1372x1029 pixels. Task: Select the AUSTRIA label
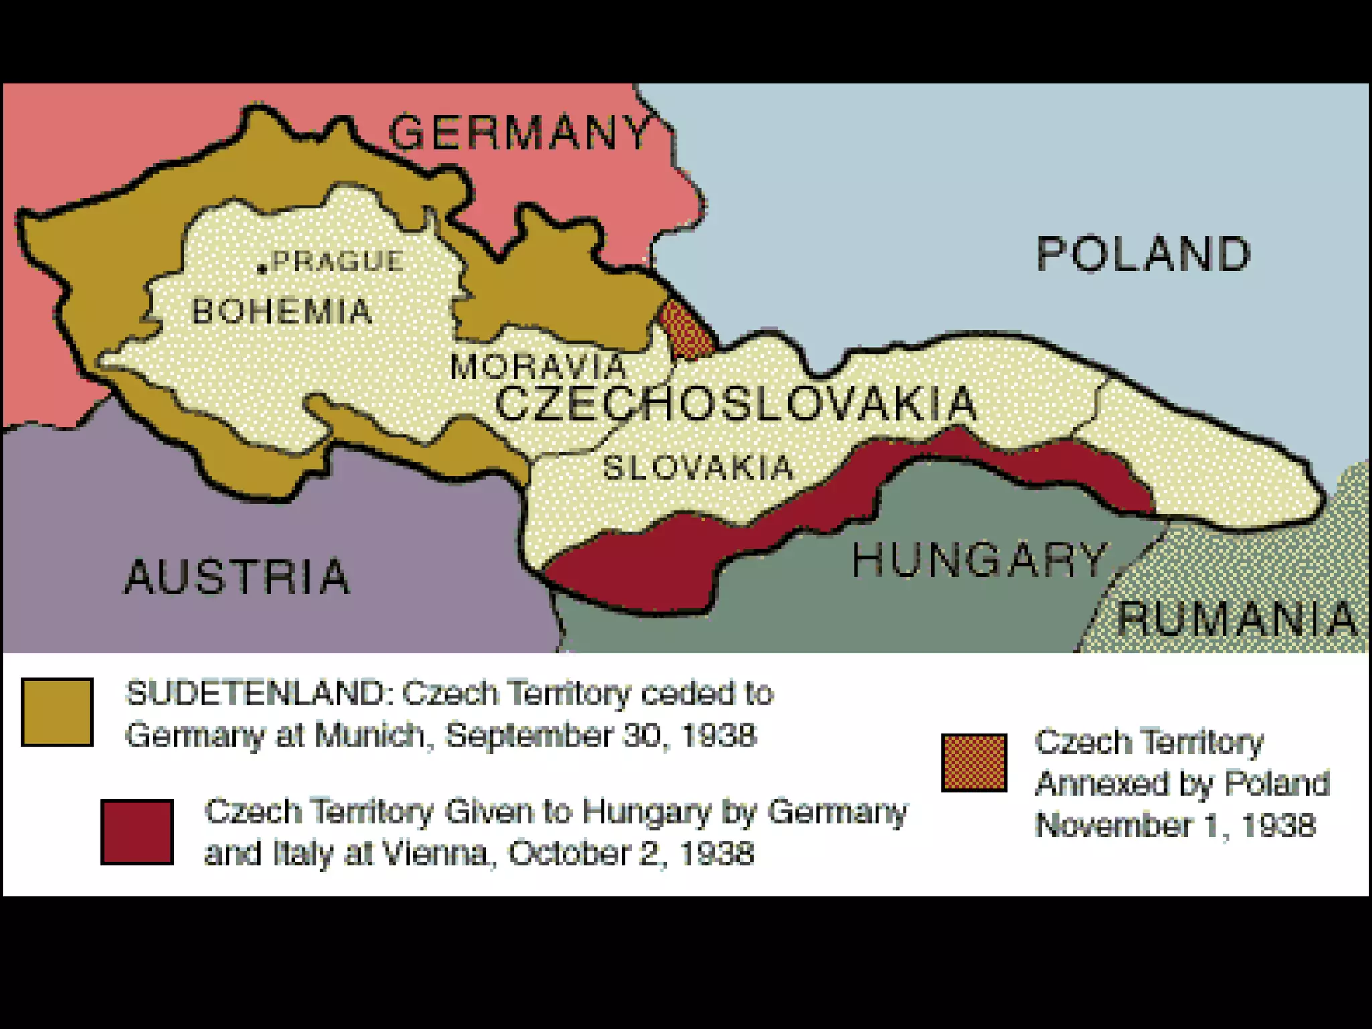(x=237, y=577)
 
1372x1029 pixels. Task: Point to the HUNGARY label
(x=979, y=559)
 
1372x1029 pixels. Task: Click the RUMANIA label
(x=1236, y=618)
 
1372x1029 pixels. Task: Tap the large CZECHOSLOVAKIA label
(x=736, y=403)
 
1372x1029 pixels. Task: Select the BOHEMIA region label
(x=282, y=312)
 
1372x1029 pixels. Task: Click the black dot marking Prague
(x=263, y=269)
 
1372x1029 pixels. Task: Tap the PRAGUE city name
(x=338, y=261)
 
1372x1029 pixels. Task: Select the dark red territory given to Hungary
(x=636, y=563)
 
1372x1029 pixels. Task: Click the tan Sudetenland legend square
(x=57, y=712)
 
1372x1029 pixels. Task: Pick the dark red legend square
(x=137, y=831)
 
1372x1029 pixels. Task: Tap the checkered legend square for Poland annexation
(x=974, y=763)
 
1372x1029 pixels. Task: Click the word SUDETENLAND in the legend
(x=255, y=693)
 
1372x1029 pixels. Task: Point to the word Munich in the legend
(x=368, y=735)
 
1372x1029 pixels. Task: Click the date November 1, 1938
(x=1176, y=825)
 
